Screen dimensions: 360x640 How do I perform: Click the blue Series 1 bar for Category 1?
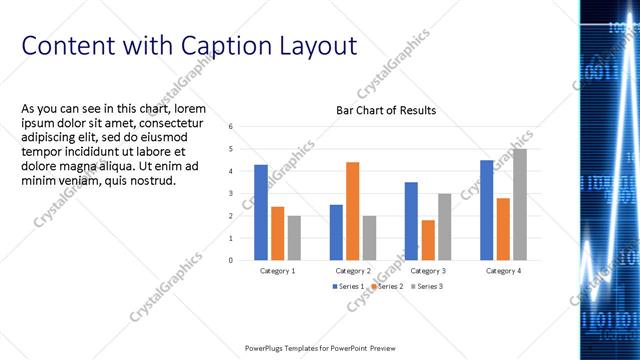pyautogui.click(x=261, y=212)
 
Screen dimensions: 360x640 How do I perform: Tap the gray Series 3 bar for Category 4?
pyautogui.click(x=519, y=204)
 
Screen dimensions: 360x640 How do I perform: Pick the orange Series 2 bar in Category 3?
pyautogui.click(x=428, y=240)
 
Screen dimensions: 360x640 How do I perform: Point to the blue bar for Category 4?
pyautogui.click(x=486, y=210)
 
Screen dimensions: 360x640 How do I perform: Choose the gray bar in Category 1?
pyautogui.click(x=294, y=238)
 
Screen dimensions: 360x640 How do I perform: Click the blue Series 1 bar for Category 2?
pyautogui.click(x=336, y=232)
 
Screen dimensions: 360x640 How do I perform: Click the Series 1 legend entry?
pyautogui.click(x=348, y=287)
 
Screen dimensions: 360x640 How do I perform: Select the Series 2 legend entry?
pyautogui.click(x=387, y=287)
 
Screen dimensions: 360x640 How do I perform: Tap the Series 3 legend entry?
pyautogui.click(x=427, y=287)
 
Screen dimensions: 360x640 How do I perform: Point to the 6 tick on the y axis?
pyautogui.click(x=231, y=127)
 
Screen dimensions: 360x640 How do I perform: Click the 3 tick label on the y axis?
pyautogui.click(x=231, y=194)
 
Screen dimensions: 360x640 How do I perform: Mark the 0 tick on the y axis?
pyautogui.click(x=231, y=261)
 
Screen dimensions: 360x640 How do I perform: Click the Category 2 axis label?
pyautogui.click(x=353, y=271)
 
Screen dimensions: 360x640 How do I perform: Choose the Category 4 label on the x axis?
pyautogui.click(x=503, y=271)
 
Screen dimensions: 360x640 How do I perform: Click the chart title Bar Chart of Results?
pyautogui.click(x=385, y=110)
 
